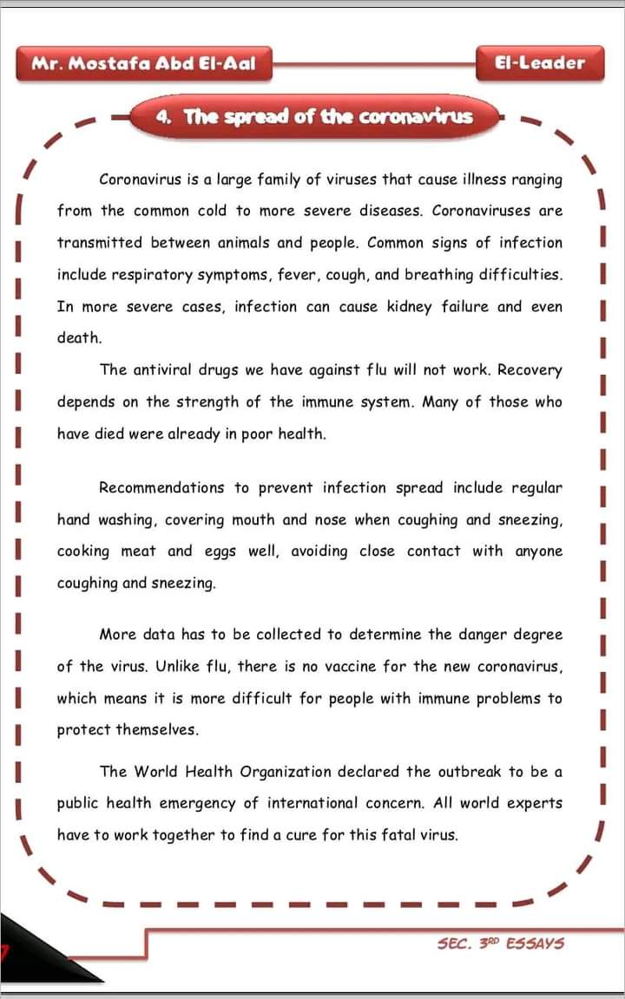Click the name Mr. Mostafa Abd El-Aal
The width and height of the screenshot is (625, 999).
tap(143, 63)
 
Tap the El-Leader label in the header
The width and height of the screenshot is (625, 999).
tap(539, 62)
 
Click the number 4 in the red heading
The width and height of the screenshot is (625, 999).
tap(162, 117)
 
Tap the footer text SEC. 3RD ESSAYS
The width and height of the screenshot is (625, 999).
tap(501, 943)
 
